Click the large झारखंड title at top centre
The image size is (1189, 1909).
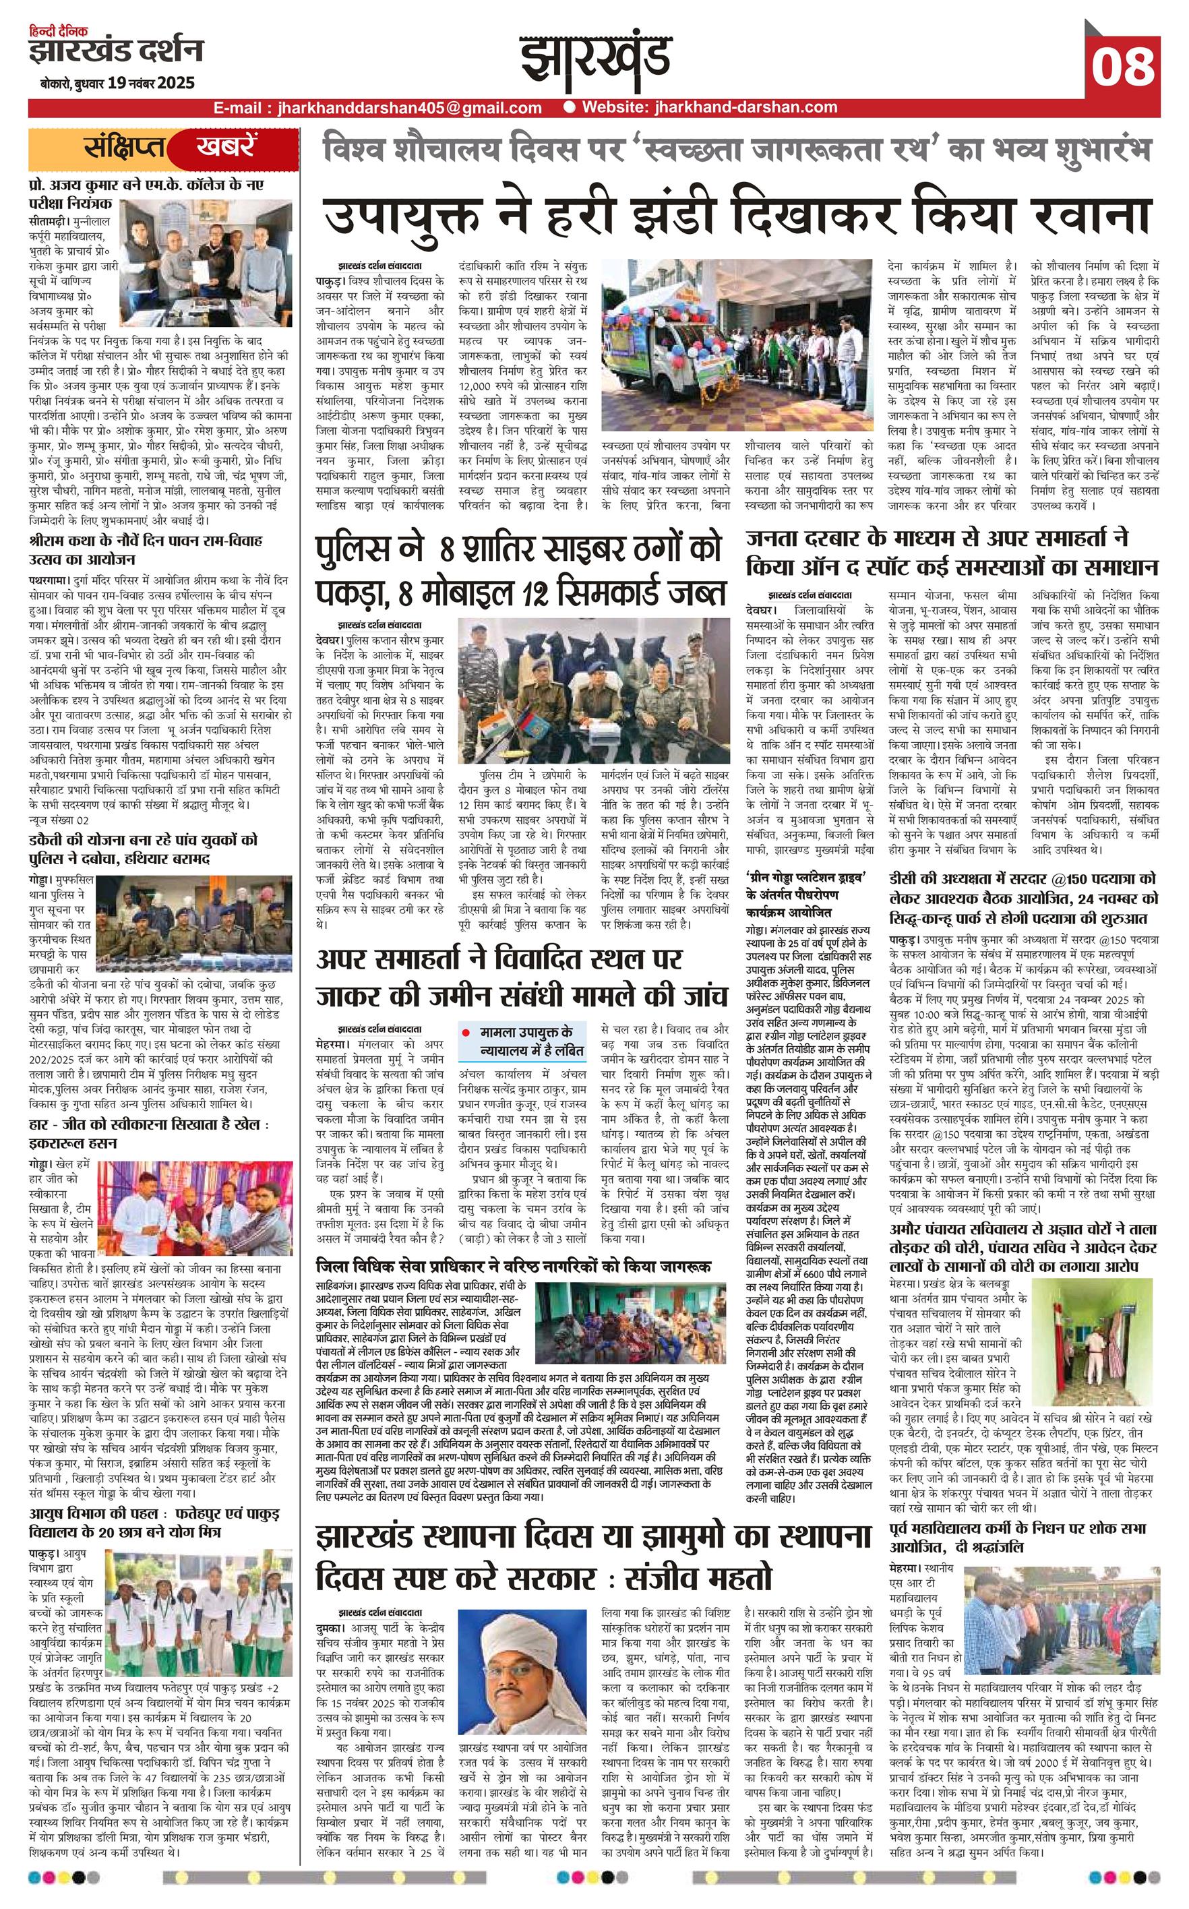[594, 57]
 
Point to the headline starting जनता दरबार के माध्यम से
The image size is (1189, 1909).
[953, 553]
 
